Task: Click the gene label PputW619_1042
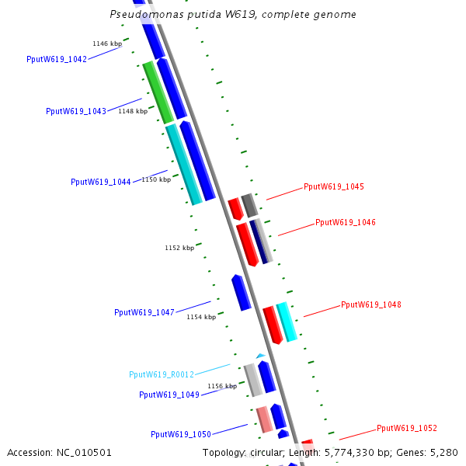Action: click(x=57, y=59)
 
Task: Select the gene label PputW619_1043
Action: click(x=76, y=111)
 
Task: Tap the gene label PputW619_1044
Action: click(x=101, y=182)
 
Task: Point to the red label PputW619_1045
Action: click(x=334, y=186)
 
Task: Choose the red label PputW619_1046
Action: click(x=346, y=222)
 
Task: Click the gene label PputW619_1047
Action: click(x=144, y=312)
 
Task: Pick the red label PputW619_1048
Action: click(x=371, y=304)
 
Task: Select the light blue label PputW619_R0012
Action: click(x=162, y=374)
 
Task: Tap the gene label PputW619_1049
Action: click(x=169, y=395)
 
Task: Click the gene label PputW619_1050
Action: click(x=181, y=434)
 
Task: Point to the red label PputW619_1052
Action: click(x=407, y=428)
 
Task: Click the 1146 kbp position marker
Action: click(x=107, y=43)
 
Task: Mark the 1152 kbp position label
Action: click(x=179, y=248)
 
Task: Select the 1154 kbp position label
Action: click(x=201, y=317)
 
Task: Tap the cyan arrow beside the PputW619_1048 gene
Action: click(x=287, y=322)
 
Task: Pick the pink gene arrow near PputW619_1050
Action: click(x=264, y=419)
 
